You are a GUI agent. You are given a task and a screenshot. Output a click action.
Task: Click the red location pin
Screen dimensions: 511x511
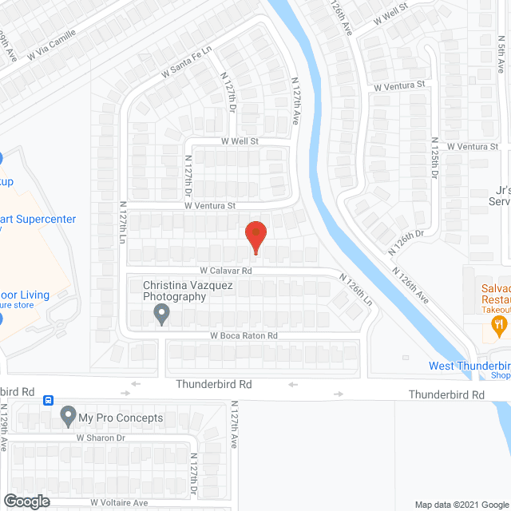[x=255, y=236]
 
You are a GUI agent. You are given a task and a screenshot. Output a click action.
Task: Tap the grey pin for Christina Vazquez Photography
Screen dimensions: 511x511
[x=161, y=316]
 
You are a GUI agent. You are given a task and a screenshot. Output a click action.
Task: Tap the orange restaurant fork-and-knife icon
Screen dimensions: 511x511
[x=499, y=324]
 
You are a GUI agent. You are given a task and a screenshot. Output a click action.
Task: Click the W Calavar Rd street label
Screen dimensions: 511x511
[x=226, y=271]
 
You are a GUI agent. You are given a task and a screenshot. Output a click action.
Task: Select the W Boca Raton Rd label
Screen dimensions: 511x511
[x=244, y=336]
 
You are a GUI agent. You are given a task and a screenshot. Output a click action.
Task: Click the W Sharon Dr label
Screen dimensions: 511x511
[x=101, y=438]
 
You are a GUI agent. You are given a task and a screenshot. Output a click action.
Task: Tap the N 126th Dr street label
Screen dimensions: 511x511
[x=405, y=240]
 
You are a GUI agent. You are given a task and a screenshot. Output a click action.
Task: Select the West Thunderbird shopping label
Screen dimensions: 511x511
[x=469, y=366]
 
